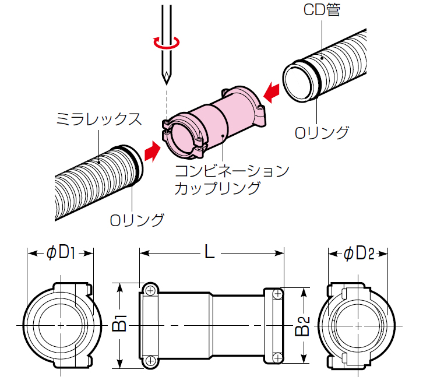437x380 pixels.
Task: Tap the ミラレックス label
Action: [98, 121]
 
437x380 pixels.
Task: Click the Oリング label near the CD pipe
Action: [322, 133]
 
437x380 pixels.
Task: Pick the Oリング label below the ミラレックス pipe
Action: [138, 220]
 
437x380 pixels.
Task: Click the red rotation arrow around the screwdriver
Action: [167, 42]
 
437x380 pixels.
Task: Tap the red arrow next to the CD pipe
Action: [271, 91]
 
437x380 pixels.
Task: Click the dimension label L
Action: [210, 252]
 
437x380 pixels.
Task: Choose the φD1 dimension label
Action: [62, 252]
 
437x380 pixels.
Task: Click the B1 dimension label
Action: [119, 324]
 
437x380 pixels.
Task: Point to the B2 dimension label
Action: [301, 324]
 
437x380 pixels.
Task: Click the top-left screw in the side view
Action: [150, 290]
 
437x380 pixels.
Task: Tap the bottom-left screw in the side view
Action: [150, 361]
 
